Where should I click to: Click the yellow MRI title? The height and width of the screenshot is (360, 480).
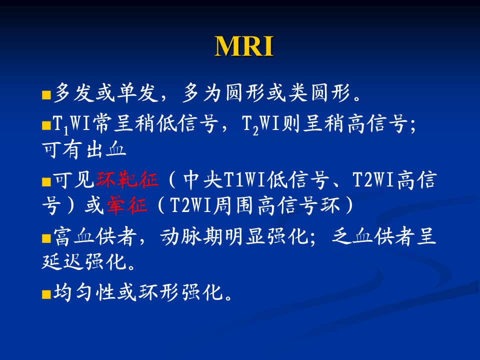[244, 46]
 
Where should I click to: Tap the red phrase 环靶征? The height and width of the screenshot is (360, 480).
[127, 179]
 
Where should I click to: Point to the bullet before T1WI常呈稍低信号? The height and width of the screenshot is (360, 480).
[46, 125]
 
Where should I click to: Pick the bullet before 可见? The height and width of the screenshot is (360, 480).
[46, 182]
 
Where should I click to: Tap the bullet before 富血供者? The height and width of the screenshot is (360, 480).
[46, 238]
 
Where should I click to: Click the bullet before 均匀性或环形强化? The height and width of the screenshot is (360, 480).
[46, 294]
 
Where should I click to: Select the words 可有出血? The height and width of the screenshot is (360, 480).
[84, 150]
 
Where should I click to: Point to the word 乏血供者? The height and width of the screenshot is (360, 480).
[373, 236]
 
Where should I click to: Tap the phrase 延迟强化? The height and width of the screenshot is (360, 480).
[84, 261]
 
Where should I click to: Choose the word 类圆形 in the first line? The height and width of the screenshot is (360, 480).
[319, 93]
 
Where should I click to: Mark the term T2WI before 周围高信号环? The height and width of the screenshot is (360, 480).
[190, 205]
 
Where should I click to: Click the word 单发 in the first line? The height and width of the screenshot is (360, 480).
[137, 93]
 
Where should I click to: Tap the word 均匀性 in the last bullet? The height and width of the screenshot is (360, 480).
[85, 292]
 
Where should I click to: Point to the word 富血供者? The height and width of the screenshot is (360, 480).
[95, 236]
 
